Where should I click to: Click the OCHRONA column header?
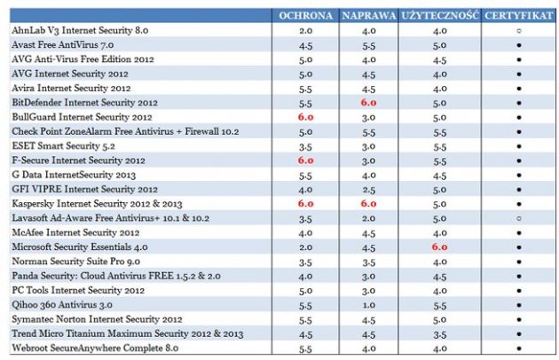coord(306,16)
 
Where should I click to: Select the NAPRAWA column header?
coord(368,16)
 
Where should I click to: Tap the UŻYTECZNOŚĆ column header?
coord(439,16)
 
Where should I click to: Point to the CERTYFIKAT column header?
coord(519,16)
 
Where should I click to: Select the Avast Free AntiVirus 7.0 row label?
coord(62,44)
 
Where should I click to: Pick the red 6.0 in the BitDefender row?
coord(368,103)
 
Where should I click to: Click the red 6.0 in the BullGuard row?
coord(306,117)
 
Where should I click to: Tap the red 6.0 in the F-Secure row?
coord(306,160)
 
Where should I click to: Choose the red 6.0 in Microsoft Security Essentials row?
coord(439,247)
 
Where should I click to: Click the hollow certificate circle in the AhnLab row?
coord(519,30)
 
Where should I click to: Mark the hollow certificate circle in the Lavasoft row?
coord(519,218)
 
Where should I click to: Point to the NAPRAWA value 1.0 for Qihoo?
coord(368,305)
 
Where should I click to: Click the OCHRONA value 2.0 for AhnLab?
coord(306,30)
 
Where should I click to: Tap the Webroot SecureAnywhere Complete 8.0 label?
coord(88,348)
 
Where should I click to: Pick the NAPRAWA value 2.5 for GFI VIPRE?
coord(368,189)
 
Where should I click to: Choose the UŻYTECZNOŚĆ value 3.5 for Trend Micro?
coord(439,334)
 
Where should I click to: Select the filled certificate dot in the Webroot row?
coord(519,348)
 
